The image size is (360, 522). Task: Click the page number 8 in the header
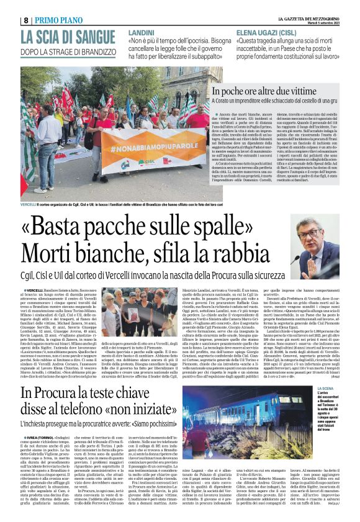click(x=26, y=20)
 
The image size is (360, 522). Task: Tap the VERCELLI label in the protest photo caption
click(x=29, y=204)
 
